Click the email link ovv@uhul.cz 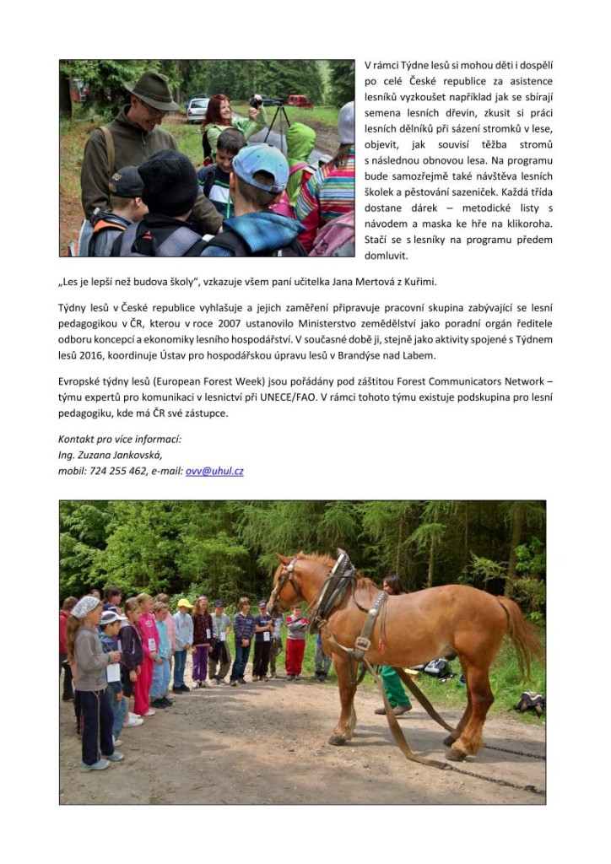(214, 471)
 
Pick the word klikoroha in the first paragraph (524, 224)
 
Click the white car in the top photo (197, 108)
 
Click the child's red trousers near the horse (295, 656)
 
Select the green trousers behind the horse (394, 686)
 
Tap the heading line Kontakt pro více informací (120, 439)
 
